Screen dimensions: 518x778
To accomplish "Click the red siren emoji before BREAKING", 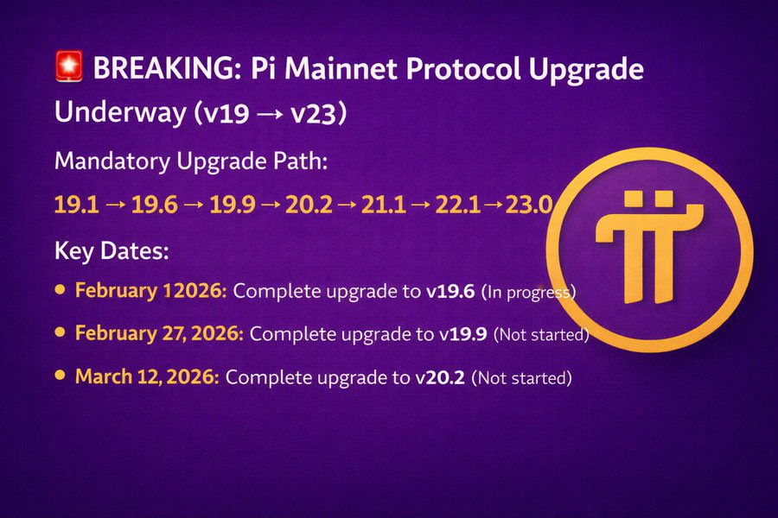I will coord(67,67).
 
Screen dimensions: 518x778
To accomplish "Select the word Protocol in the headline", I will coord(472,69).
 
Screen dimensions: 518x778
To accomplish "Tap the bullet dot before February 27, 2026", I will coord(60,331).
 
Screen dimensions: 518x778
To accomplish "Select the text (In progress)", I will coord(528,292).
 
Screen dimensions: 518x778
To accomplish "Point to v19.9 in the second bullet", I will coord(463,333).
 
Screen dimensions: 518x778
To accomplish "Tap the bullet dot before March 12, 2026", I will coord(60,375).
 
